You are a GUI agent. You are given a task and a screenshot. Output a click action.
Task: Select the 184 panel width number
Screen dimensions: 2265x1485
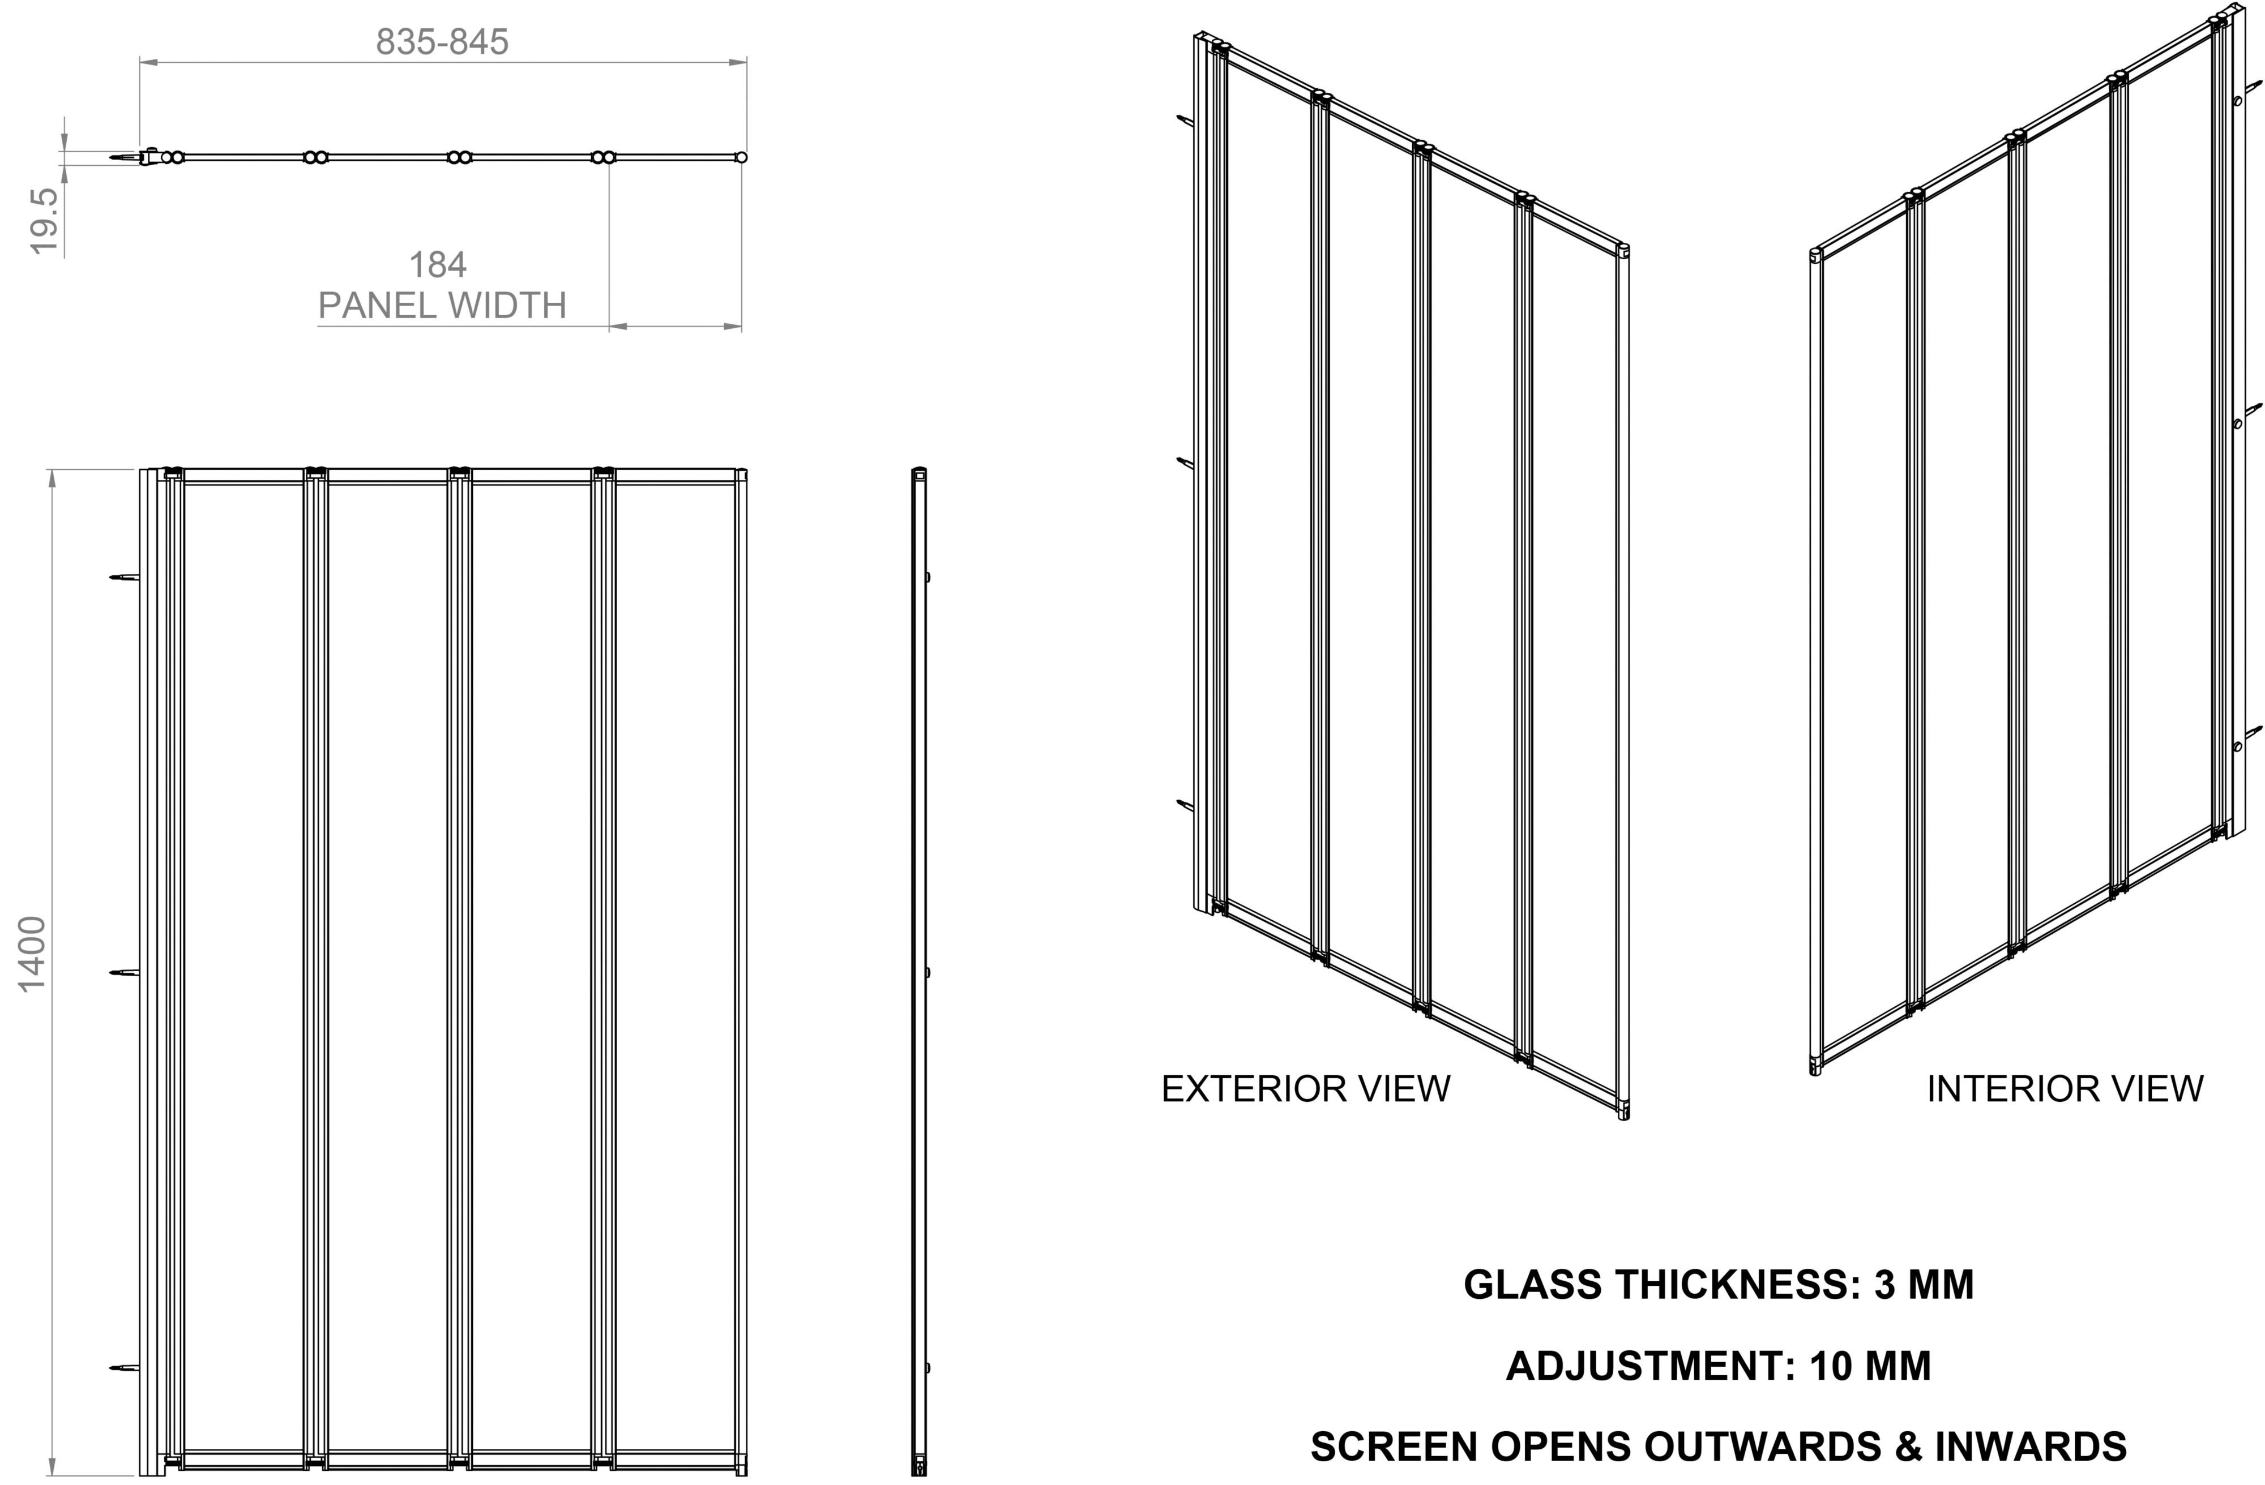[x=438, y=264]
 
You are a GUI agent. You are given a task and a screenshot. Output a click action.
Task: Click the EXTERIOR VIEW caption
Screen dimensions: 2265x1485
[x=1306, y=1089]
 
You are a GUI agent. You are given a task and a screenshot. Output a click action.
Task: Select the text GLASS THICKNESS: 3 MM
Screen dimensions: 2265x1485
[x=1719, y=1284]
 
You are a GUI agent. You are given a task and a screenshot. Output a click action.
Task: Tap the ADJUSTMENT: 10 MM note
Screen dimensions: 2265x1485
[x=1719, y=1366]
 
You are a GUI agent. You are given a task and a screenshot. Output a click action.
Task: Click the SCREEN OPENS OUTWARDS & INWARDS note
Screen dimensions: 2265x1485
[x=1719, y=1446]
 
